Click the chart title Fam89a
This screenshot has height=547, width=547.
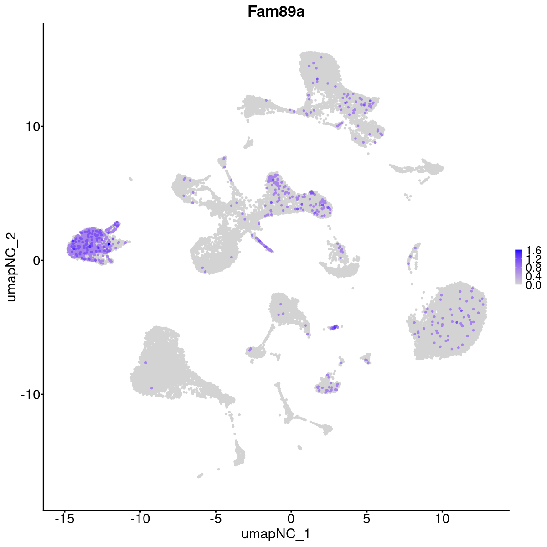276,12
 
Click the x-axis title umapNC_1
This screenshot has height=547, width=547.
276,534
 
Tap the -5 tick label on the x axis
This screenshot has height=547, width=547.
215,518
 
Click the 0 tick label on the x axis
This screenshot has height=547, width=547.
291,518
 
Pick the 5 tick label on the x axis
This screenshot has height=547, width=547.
366,518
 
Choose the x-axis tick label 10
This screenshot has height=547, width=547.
442,518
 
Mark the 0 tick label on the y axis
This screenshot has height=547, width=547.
35,260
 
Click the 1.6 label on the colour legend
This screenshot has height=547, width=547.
533,251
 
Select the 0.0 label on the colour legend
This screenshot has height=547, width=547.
533,285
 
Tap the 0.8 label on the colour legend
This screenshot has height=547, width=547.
533,268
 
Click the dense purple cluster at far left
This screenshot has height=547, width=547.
89,244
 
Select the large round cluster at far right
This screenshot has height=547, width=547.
449,321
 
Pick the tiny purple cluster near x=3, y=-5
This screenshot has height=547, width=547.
335,327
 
